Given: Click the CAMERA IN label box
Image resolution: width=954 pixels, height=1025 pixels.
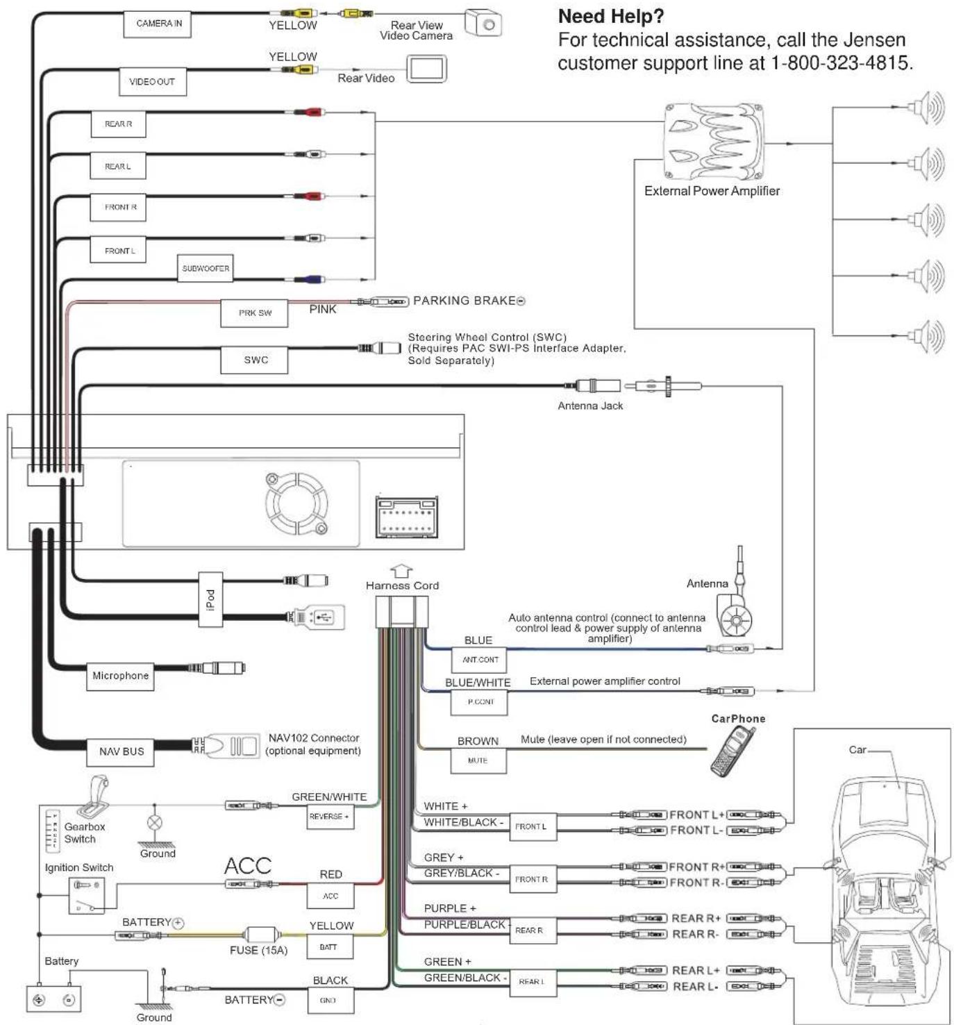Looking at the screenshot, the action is [x=159, y=24].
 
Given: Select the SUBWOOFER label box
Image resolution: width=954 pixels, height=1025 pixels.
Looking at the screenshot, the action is [x=206, y=268].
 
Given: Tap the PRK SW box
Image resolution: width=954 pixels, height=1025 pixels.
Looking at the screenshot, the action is [x=255, y=313].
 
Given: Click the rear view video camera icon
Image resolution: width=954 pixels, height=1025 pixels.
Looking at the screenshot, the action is [x=483, y=24].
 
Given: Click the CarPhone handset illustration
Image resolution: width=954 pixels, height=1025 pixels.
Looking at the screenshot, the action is [x=733, y=752].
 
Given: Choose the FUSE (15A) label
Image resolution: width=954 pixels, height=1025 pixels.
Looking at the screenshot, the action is [x=258, y=950].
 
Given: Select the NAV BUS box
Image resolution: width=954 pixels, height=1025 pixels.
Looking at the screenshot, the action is [x=122, y=751].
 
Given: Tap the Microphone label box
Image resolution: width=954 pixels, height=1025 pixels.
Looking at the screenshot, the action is [x=120, y=676].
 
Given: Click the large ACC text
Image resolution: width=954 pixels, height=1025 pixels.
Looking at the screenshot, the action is [x=248, y=866].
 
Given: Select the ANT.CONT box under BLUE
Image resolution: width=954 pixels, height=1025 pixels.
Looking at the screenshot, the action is [x=480, y=660].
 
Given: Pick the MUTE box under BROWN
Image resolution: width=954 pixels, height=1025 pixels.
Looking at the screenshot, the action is [x=478, y=761].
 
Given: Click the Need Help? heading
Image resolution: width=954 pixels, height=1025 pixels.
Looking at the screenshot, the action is [x=611, y=16].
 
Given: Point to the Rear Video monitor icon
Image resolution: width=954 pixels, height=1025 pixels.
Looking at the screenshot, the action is [x=426, y=69].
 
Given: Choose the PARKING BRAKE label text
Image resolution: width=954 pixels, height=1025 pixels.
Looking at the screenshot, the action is [x=465, y=301].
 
